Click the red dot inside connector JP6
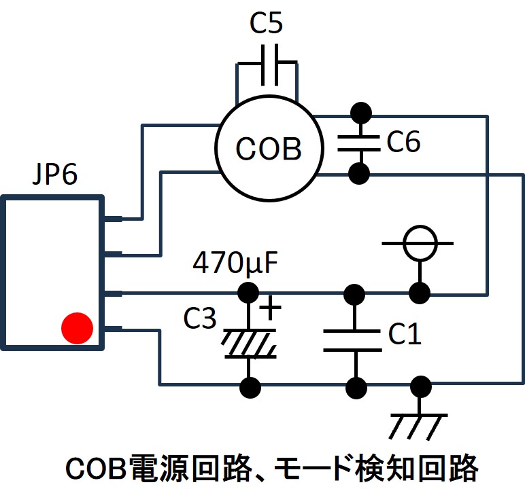click(77, 328)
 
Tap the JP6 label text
click(55, 174)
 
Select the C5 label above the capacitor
click(266, 22)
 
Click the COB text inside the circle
click(269, 149)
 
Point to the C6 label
click(403, 141)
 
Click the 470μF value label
click(235, 263)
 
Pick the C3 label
click(200, 318)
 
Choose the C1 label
click(405, 333)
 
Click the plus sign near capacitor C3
click(270, 308)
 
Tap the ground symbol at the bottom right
click(419, 427)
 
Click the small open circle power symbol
click(420, 243)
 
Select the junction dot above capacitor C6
click(361, 113)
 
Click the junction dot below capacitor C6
click(359, 174)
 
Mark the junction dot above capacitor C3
click(248, 293)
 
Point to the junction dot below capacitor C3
click(250, 387)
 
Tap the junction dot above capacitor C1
click(354, 295)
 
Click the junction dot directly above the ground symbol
click(420, 386)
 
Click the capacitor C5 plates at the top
click(269, 65)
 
